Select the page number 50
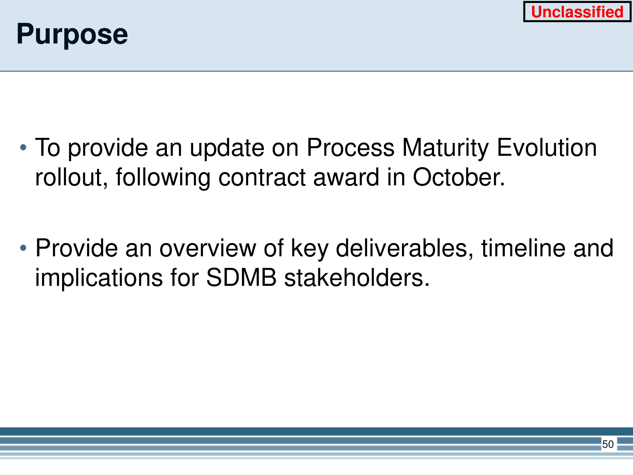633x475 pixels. tap(608, 444)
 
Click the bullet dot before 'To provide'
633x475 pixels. tap(23, 148)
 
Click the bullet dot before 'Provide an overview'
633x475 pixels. tap(23, 248)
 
